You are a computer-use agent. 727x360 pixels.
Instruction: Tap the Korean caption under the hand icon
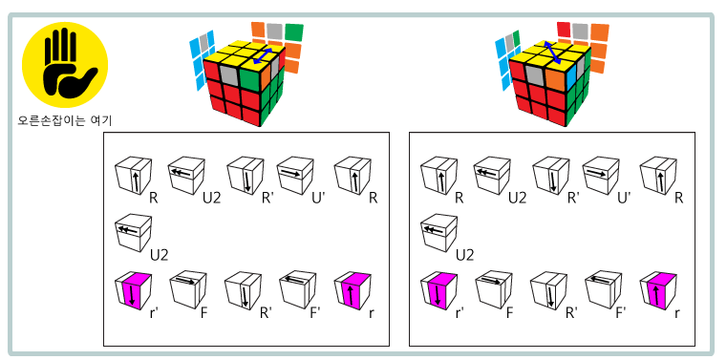tap(64, 120)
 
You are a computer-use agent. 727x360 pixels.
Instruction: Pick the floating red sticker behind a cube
tap(564, 29)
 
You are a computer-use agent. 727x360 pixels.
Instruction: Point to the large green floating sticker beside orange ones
tap(294, 32)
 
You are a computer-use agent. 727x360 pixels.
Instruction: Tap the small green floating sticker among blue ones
tap(516, 37)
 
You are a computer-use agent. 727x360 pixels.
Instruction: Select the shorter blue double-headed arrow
tap(263, 55)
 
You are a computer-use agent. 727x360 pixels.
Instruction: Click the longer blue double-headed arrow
tap(553, 52)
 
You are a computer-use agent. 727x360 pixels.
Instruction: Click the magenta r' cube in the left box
tap(133, 291)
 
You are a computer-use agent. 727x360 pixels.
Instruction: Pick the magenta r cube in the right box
tap(658, 291)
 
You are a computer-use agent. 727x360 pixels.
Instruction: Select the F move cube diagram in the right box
tap(494, 291)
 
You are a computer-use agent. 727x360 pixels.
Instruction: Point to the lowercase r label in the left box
tap(372, 313)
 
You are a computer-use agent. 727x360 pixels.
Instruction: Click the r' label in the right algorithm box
tap(460, 313)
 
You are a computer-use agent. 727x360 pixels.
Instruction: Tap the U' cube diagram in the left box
tap(295, 176)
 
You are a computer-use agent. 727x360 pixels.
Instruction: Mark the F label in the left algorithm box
tap(204, 313)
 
